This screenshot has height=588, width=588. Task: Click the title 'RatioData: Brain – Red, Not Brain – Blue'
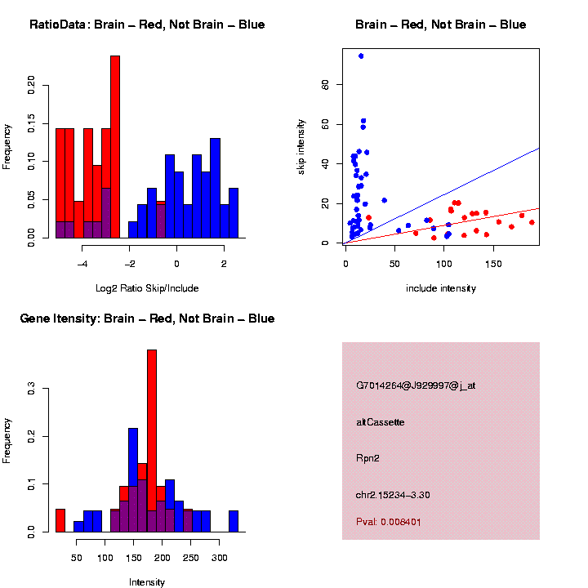147,24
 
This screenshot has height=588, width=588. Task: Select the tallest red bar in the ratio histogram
115,147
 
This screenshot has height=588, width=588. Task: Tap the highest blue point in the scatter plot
361,56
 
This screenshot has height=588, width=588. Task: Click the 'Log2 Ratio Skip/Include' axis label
147,288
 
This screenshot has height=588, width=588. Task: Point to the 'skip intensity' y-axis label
301,145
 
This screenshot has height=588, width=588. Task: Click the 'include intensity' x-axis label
441,288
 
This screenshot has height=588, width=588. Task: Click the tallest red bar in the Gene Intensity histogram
152,441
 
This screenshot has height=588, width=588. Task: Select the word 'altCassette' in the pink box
381,422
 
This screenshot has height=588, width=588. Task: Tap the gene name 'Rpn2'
367,458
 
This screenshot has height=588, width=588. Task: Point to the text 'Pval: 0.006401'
389,522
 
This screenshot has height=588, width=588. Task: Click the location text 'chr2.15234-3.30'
393,495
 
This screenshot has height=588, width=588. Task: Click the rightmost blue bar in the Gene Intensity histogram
234,522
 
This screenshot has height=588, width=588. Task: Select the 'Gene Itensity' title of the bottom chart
147,318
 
